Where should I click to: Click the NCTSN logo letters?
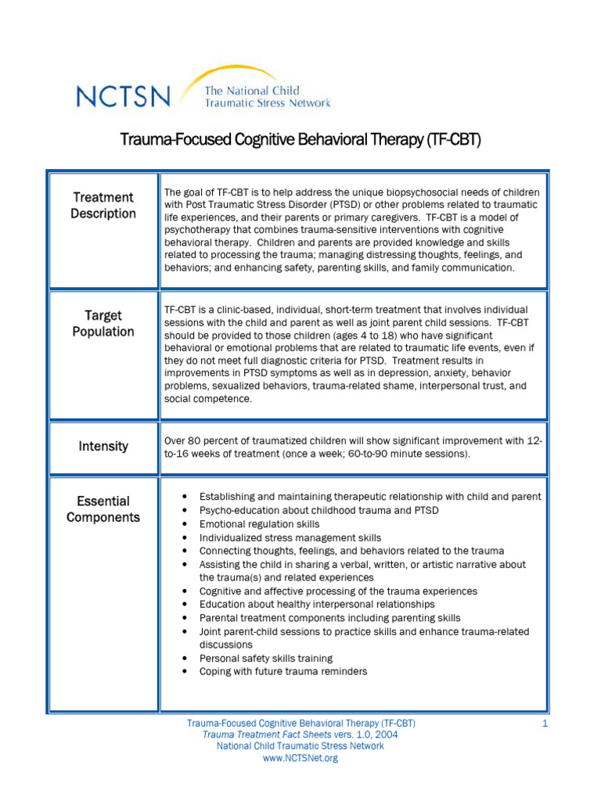pyautogui.click(x=123, y=96)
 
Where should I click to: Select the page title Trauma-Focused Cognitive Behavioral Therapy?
pyautogui.click(x=300, y=140)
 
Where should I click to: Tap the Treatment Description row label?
pyautogui.click(x=103, y=206)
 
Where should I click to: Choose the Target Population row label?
pyautogui.click(x=103, y=324)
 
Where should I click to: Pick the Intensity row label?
pyautogui.click(x=103, y=447)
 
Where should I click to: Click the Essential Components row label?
pyautogui.click(x=103, y=509)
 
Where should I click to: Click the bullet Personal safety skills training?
pyautogui.click(x=266, y=659)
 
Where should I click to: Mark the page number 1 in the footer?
pyautogui.click(x=545, y=724)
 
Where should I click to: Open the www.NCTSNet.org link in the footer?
pyautogui.click(x=300, y=759)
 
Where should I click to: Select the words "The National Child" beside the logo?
pyautogui.click(x=252, y=91)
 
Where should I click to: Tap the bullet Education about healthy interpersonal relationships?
pyautogui.click(x=317, y=605)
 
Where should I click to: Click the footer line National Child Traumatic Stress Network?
pyautogui.click(x=300, y=747)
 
